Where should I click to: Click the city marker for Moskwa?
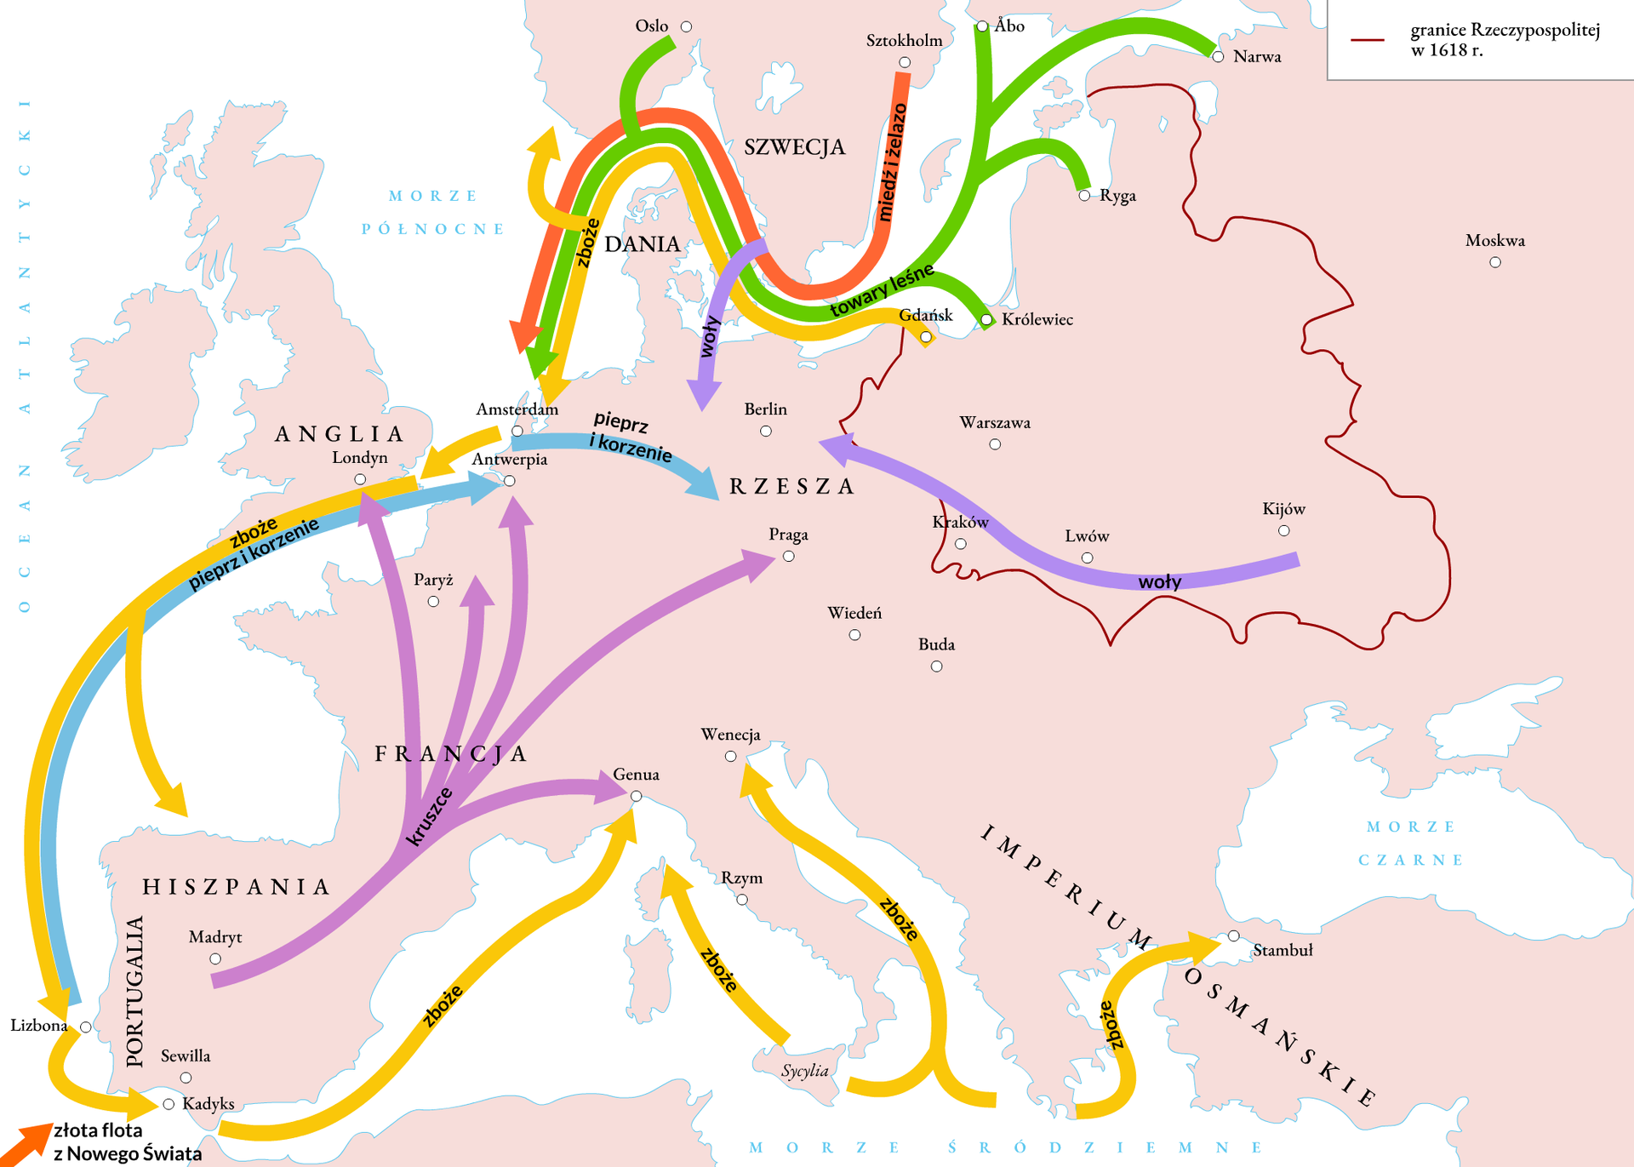tap(1495, 262)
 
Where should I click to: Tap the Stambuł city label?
tap(1283, 950)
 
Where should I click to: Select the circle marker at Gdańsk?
tap(926, 337)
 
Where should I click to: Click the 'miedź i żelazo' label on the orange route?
tap(891, 162)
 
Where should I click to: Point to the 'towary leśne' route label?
tap(882, 290)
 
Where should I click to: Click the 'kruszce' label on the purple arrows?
tap(429, 817)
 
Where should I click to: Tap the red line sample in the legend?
tap(1368, 40)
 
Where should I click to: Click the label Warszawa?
tap(994, 422)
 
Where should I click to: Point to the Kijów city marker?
tap(1283, 531)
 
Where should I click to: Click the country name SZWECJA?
tap(794, 147)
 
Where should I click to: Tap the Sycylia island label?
tap(804, 1070)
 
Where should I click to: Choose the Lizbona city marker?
tap(86, 1027)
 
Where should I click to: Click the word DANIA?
tap(642, 244)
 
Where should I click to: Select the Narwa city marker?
tap(1218, 57)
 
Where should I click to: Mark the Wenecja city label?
tap(730, 734)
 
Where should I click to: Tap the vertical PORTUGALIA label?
tap(134, 991)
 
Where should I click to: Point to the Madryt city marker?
tap(215, 959)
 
